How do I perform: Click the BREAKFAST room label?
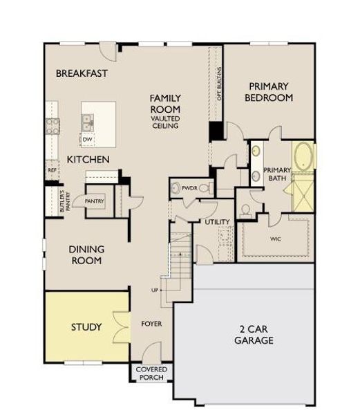coord(82,73)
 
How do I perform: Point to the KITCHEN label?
coord(88,160)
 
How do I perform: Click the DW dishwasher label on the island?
coord(87,140)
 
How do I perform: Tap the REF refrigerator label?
coord(52,169)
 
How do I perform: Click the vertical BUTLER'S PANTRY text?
coord(61,203)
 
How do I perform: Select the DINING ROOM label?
coord(86,255)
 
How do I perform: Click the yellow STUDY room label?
coord(86,326)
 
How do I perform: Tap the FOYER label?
coord(151,324)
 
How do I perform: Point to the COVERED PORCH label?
coord(151,374)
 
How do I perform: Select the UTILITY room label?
coord(216,222)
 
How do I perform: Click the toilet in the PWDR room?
coord(176,187)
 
